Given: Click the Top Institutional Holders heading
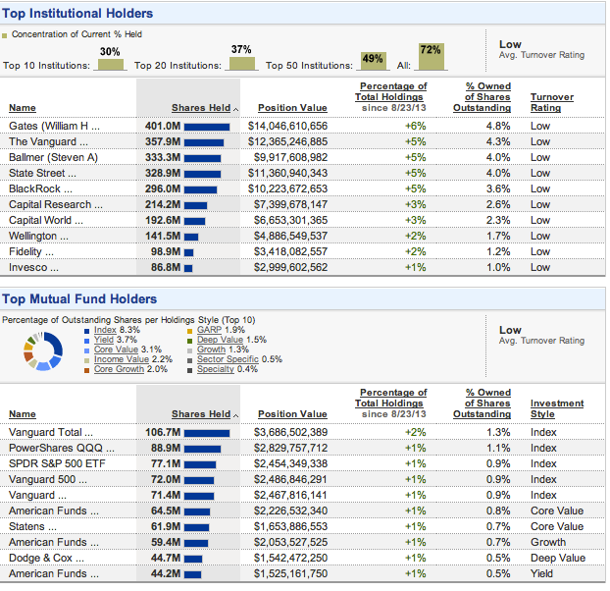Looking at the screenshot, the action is [77, 13].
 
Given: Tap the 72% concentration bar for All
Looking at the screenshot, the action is [432, 57].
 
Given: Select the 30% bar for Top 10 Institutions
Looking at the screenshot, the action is [111, 64].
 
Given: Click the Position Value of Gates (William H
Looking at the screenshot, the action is [287, 126].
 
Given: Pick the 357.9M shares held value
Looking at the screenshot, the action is [163, 141].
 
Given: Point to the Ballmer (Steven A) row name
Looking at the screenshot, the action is [53, 158].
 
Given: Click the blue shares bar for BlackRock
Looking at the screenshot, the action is [200, 189].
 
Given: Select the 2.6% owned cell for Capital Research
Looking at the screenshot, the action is [498, 205].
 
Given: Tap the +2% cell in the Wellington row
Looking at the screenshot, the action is [415, 236].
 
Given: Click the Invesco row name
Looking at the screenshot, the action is [33, 267].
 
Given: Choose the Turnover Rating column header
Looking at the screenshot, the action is [551, 102].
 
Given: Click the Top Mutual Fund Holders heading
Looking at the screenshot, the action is [79, 299].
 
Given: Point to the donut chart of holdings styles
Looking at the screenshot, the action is [43, 350].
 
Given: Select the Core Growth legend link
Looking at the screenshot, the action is [119, 369].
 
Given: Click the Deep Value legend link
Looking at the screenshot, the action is [220, 340].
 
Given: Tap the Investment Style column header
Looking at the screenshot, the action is [557, 408].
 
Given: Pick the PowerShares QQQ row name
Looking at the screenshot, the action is [62, 448].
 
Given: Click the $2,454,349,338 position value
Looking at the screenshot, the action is [290, 463].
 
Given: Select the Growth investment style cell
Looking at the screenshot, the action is [548, 542].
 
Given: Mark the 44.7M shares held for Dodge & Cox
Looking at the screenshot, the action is [166, 558].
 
